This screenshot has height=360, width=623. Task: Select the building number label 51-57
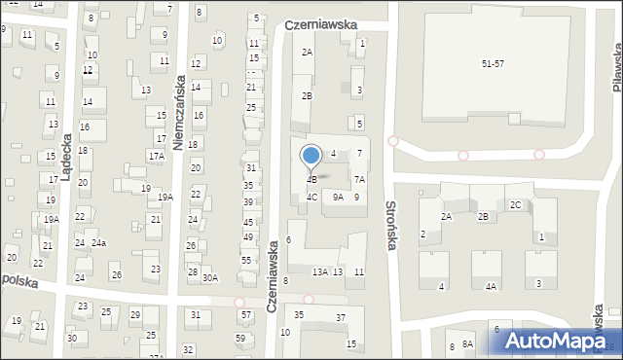494,63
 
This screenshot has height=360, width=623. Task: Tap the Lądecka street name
65,157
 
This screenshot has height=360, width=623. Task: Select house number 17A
156,156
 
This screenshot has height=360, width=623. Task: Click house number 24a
99,242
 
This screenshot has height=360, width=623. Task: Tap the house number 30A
210,278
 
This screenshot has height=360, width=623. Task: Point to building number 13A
319,272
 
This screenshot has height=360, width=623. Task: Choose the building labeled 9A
338,197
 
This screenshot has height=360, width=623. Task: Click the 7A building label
359,179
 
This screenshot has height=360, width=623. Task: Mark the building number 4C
311,197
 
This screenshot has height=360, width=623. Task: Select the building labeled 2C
515,204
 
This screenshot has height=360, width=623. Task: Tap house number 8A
467,345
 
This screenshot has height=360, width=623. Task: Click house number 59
240,338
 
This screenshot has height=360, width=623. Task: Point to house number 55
246,260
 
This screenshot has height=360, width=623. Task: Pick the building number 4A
492,286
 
